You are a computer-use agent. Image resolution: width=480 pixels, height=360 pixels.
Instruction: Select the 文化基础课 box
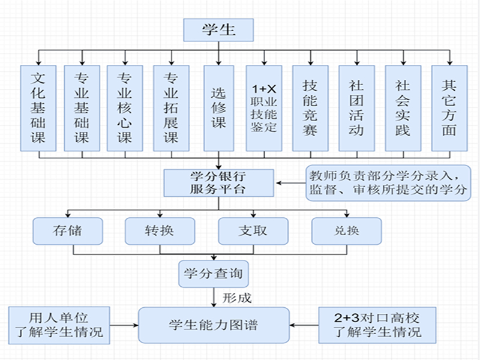tap(39, 108)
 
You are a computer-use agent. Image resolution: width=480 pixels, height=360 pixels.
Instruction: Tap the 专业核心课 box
tap(124, 108)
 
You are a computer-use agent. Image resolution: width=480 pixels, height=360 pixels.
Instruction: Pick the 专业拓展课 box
tap(171, 108)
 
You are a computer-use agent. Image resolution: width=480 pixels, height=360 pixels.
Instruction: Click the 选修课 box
tap(218, 108)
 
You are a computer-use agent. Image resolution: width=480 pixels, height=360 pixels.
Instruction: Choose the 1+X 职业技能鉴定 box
tap(264, 108)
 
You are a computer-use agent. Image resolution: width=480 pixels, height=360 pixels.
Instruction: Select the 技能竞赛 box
tap(310, 108)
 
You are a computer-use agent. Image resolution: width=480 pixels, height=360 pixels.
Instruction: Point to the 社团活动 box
tap(356, 108)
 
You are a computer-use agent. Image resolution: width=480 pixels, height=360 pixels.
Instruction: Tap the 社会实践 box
tap(403, 108)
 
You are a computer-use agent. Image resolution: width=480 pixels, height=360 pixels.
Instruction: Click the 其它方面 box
tap(449, 108)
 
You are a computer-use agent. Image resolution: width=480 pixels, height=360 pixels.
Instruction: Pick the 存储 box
tap(67, 230)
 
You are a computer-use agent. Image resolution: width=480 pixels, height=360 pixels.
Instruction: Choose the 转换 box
tap(160, 230)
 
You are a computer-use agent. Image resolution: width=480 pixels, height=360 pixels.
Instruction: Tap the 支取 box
tap(253, 230)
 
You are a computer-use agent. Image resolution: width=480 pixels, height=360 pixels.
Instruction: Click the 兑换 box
tap(346, 230)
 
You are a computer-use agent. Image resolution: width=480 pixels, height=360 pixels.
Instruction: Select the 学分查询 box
tap(214, 274)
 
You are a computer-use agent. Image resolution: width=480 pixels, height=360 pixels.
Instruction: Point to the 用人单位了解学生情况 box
tap(58, 325)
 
